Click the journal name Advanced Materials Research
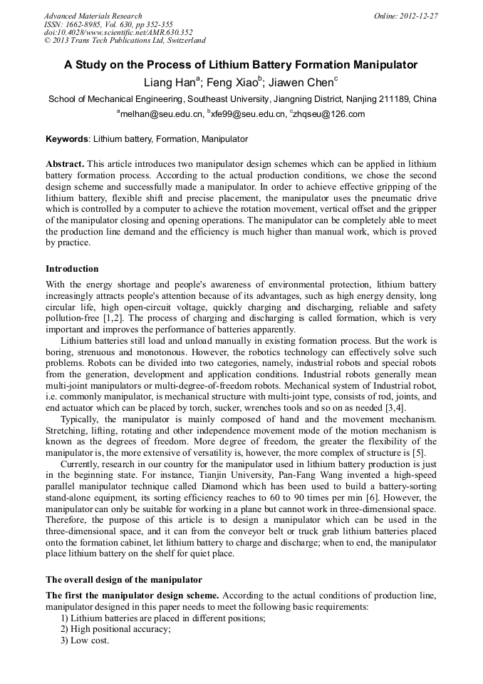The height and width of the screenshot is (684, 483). click(x=93, y=16)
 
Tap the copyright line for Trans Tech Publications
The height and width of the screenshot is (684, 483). click(x=125, y=41)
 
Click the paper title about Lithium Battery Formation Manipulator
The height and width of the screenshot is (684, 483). click(x=241, y=65)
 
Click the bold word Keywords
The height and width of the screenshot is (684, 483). click(x=68, y=138)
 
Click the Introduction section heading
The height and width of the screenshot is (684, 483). click(x=72, y=269)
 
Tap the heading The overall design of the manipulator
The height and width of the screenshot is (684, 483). click(x=124, y=579)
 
